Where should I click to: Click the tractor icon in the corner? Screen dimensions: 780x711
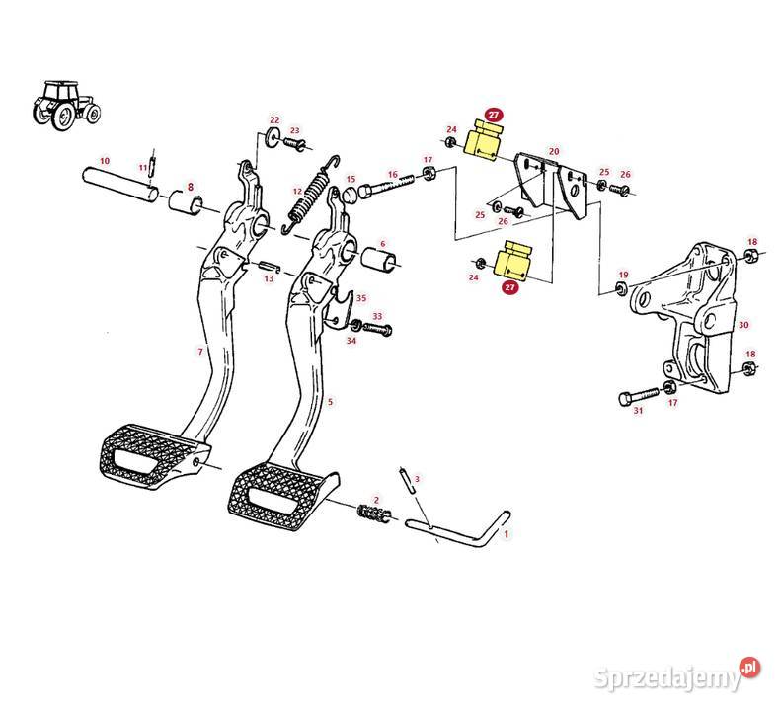(66, 105)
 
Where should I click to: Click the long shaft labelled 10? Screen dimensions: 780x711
(120, 184)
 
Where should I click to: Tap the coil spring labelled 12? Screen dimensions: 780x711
(310, 196)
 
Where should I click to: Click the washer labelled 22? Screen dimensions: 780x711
(273, 135)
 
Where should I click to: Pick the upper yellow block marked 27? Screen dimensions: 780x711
(484, 140)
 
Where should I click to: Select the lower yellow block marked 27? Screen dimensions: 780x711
(513, 261)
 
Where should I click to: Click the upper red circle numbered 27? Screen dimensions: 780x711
(493, 115)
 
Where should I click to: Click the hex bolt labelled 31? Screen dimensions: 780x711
(639, 397)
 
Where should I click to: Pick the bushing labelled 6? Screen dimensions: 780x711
(378, 259)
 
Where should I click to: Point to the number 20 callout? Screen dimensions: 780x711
(554, 151)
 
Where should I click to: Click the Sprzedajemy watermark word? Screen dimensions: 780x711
(667, 677)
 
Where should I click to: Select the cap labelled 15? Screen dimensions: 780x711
(351, 196)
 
